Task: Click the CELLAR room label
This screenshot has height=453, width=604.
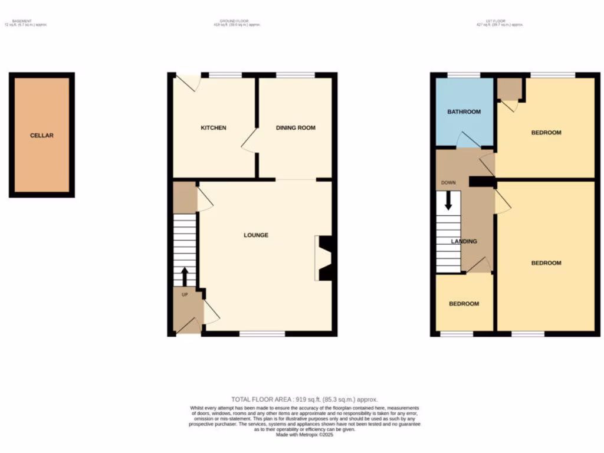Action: point(42,136)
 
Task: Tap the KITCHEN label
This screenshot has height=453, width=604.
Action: point(213,128)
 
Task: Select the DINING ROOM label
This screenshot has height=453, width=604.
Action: point(296,128)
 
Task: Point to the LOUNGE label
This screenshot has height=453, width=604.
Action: point(256,235)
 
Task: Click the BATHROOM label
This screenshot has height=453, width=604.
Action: point(464,112)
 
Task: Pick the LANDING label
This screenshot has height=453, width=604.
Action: point(464,241)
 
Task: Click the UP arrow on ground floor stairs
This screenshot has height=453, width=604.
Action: point(185,276)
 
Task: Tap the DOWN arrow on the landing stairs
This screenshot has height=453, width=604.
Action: point(448,201)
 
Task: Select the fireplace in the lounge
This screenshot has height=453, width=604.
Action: point(324,258)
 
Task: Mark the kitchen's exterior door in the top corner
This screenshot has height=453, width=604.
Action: point(190,83)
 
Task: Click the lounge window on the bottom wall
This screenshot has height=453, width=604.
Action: point(262,334)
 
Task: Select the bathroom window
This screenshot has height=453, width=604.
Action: point(463,75)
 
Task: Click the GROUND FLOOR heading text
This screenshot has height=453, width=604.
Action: point(236,22)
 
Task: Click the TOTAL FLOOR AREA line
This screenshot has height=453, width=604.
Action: point(304,399)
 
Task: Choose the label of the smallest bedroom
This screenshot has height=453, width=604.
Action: point(464,304)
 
